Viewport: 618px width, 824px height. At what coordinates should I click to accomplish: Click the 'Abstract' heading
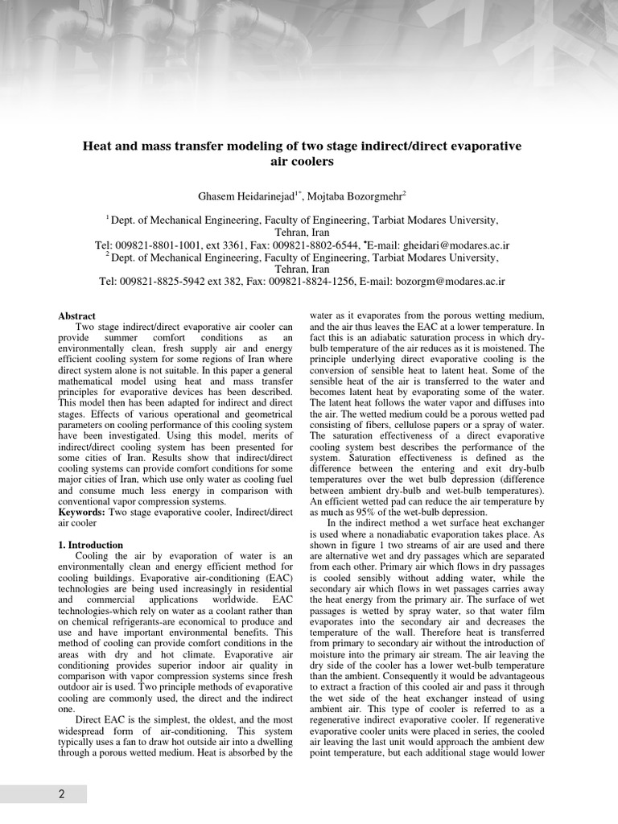coord(76,316)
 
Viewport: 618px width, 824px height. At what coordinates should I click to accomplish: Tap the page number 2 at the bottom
coord(61,794)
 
